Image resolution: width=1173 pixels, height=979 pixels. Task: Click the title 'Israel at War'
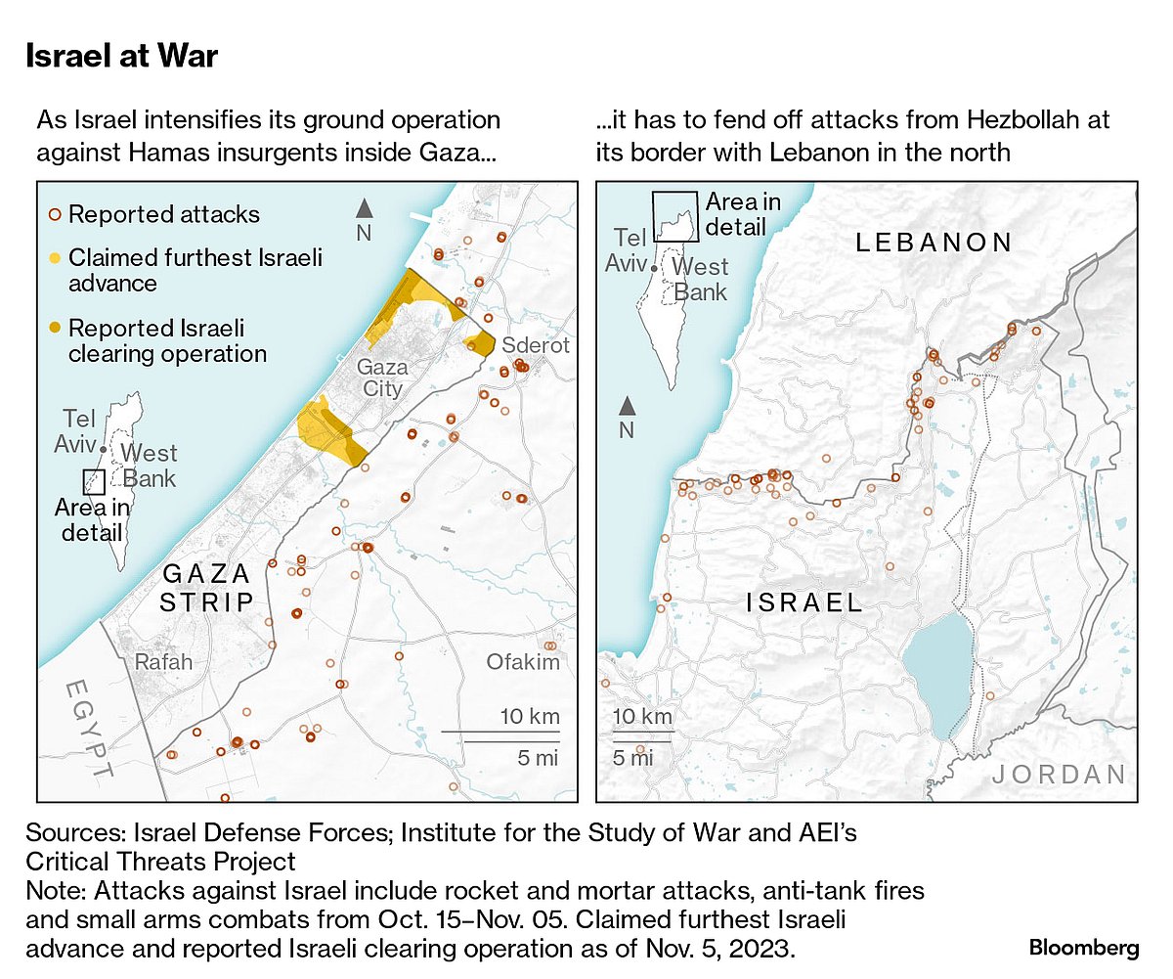point(121,57)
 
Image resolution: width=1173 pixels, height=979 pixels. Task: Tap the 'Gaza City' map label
point(379,378)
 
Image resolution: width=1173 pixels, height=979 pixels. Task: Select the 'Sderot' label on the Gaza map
point(535,346)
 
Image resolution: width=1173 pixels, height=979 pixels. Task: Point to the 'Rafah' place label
point(163,662)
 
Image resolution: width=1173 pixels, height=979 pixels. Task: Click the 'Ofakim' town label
point(523,662)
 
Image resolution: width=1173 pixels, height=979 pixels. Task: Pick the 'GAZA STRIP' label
point(207,587)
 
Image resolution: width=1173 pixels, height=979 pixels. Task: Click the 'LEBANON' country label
point(934,243)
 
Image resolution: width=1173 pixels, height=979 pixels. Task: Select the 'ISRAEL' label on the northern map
point(804,602)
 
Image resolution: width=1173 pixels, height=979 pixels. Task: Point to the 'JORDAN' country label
point(1060,776)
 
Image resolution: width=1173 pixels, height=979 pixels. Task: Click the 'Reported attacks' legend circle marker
point(56,214)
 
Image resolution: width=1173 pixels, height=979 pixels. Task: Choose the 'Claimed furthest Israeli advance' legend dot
point(56,258)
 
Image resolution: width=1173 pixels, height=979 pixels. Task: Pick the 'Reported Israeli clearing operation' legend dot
point(56,329)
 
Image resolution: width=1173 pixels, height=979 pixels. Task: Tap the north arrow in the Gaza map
point(364,207)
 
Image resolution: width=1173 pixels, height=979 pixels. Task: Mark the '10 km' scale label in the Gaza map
point(530,716)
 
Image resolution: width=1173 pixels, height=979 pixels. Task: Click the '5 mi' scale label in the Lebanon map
point(633,756)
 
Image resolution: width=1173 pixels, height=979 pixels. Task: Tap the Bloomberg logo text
point(1084,948)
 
